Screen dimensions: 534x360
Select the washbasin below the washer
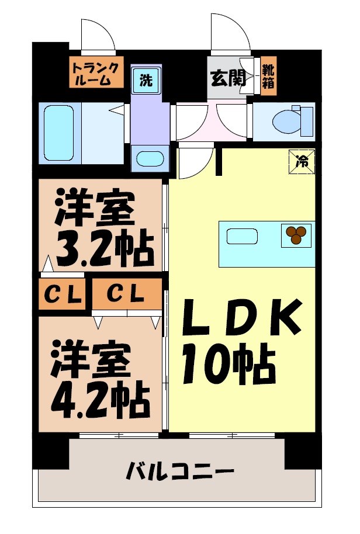150,159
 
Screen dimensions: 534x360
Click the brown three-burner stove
296,234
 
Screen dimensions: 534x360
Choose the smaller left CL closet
63,294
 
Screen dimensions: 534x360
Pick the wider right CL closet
126,294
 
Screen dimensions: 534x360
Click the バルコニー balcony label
180,471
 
